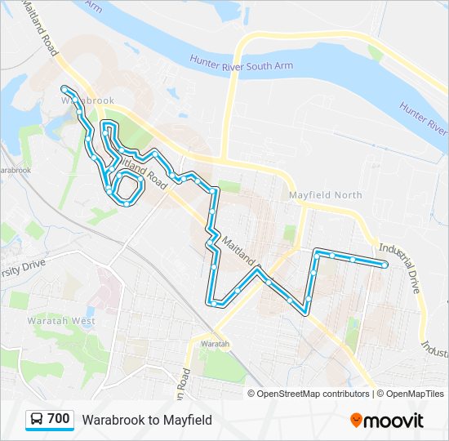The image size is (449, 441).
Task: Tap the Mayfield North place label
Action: [x=325, y=196]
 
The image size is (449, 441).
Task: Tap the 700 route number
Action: [x=59, y=419]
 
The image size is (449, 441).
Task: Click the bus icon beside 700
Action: [x=37, y=420]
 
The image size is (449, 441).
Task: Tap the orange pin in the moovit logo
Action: [x=357, y=421]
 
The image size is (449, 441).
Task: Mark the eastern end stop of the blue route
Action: [x=385, y=263]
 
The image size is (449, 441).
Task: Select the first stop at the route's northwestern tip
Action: [x=64, y=87]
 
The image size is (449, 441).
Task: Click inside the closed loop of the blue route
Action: [x=126, y=189]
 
